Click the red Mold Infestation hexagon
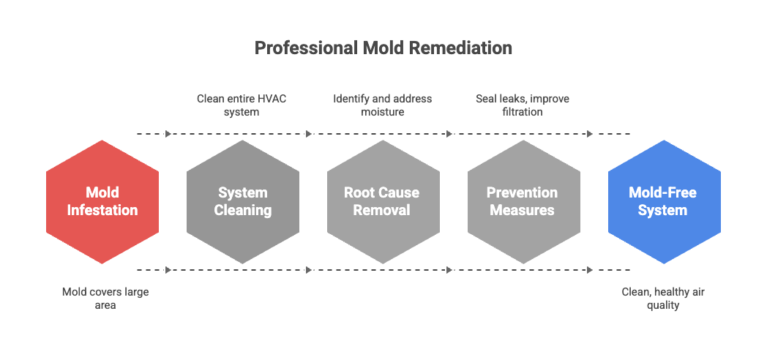tap(102, 201)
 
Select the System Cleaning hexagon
tap(243, 201)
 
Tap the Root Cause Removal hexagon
tap(382, 201)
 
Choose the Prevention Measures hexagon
tap(523, 201)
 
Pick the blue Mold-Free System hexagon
tap(663, 201)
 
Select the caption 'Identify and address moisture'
tap(382, 105)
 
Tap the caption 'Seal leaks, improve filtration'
tap(523, 105)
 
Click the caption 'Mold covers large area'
tap(105, 299)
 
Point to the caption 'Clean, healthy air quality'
tap(663, 299)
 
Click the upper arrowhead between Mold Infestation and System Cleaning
tap(168, 134)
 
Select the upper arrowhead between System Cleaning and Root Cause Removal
tap(309, 134)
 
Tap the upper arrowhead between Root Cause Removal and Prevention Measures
tap(449, 134)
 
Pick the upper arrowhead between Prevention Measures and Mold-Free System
tap(590, 134)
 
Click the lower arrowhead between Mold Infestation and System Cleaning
tap(168, 270)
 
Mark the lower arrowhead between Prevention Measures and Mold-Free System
tap(590, 270)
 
